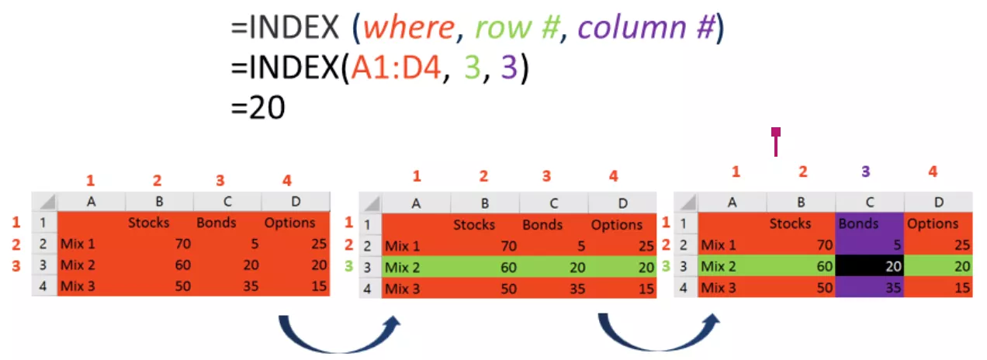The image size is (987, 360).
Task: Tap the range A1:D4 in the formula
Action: pyautogui.click(x=397, y=69)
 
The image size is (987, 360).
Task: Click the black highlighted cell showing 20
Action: pyautogui.click(x=870, y=265)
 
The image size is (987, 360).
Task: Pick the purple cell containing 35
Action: pyautogui.click(x=870, y=287)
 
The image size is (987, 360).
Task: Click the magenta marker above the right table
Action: pyautogui.click(x=775, y=141)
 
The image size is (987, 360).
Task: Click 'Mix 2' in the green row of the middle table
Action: pyautogui.click(x=403, y=268)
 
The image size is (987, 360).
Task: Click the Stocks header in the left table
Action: pyautogui.click(x=149, y=223)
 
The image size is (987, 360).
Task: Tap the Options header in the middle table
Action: pyautogui.click(x=617, y=225)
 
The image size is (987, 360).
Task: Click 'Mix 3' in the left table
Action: pyautogui.click(x=78, y=286)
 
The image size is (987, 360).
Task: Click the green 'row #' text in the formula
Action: pyautogui.click(x=516, y=29)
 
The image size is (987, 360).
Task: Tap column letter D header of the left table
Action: pyautogui.click(x=296, y=202)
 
